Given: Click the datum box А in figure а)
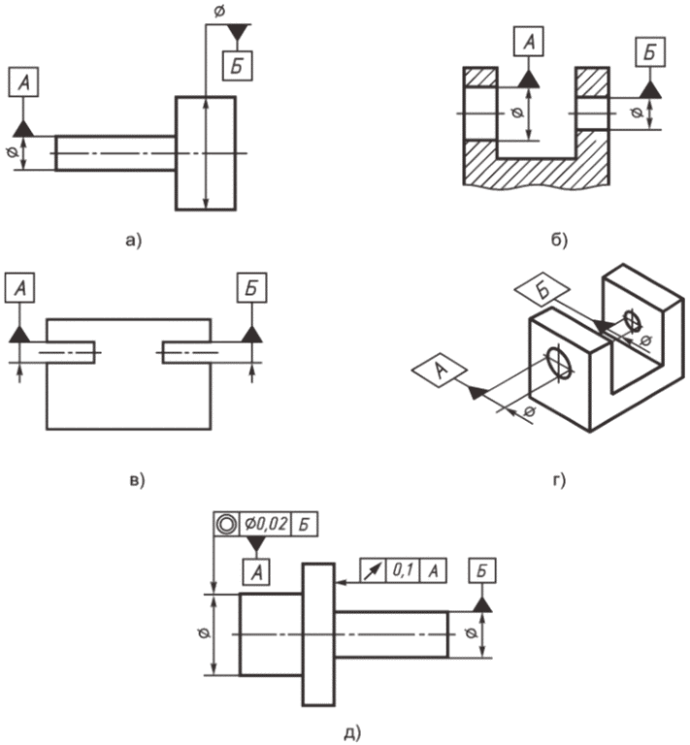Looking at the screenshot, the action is pos(23,82).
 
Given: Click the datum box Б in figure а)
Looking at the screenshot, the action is pos(238,66).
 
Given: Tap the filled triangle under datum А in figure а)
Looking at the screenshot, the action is pos(23,128).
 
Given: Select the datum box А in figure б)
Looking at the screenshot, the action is pos(529,42).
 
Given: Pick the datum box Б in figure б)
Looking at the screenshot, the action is pos(650,51).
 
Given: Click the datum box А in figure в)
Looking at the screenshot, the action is pos(19,287).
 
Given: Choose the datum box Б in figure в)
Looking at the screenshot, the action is pos(252,287).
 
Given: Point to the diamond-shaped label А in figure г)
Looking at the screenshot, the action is pos(440,371).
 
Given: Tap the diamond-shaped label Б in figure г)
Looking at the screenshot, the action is pos(542,289).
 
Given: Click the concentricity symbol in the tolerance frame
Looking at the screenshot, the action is pos(226,524).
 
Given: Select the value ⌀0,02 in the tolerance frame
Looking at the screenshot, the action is pos(265,524).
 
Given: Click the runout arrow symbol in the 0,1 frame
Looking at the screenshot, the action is pos(373,570).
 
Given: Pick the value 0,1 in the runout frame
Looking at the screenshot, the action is pos(403,570).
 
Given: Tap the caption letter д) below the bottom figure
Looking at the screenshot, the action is pos(352,732).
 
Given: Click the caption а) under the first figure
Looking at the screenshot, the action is pos(134,241).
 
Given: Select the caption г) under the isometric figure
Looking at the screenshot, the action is pos(559,481).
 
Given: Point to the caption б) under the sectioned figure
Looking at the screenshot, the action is pos(559,241).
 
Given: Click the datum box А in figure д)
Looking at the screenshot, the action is pos(256,571).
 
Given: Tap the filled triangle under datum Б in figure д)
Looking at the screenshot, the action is pos(482,604).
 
